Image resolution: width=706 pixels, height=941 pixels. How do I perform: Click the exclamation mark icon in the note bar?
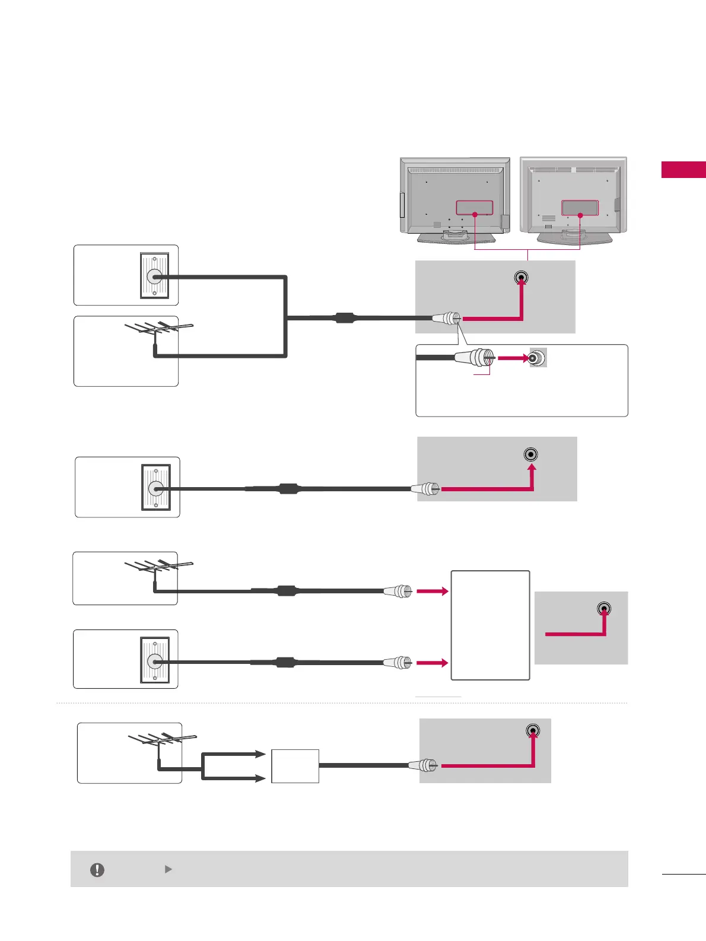coord(97,870)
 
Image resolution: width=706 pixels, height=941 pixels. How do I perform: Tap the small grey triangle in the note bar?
coord(168,869)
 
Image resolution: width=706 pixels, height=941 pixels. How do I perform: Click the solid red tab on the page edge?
coord(683,170)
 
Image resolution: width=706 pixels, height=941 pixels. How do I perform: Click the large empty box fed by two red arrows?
coord(490,625)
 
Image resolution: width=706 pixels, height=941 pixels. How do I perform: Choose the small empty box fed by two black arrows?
coord(295,766)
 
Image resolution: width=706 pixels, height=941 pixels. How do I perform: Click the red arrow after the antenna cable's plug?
coord(432,591)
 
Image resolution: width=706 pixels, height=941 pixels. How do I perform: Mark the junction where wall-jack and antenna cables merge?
coord(287,317)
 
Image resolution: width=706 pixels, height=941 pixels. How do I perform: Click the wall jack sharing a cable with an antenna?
coord(154,276)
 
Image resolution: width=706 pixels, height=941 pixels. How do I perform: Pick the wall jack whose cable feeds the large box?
coord(154,661)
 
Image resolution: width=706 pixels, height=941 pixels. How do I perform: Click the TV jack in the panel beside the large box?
coord(603,609)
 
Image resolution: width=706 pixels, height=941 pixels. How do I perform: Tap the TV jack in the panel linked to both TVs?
coord(521,277)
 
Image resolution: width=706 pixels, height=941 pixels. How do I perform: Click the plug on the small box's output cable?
coord(424,765)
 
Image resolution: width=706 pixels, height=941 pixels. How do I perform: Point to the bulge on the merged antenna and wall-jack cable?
coord(345,317)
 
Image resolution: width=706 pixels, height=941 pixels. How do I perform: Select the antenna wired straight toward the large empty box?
coord(158,567)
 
